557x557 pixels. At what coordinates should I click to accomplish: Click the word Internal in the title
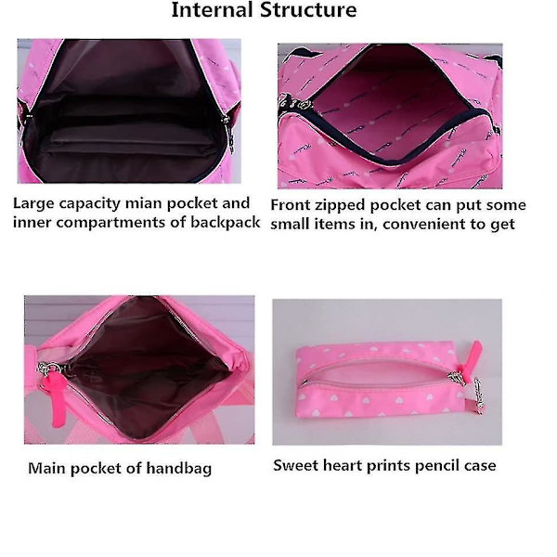coord(213,9)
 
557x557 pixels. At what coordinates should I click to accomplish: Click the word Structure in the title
coord(309,9)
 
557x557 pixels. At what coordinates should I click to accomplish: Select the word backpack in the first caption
coord(226,223)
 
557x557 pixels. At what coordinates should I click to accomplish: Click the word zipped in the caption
coord(341,206)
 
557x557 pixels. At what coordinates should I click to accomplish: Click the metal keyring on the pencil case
coord(480,395)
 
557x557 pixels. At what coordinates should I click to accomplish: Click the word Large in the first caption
coord(33,204)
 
